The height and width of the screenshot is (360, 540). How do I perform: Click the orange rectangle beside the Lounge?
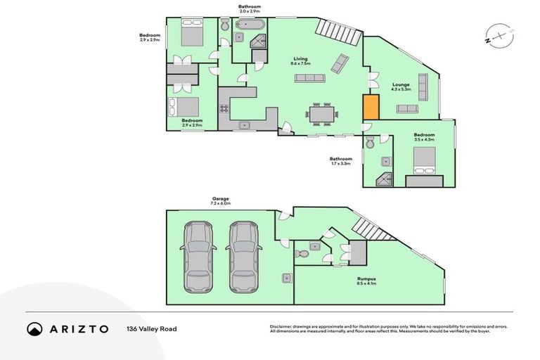371,108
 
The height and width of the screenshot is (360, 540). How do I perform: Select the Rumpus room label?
366,281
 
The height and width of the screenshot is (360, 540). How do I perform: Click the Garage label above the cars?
221,201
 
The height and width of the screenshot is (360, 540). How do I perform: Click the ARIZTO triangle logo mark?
34,328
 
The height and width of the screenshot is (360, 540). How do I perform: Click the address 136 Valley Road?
150,328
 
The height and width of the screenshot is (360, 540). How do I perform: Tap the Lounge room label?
401,87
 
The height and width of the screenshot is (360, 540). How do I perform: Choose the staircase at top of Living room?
335,32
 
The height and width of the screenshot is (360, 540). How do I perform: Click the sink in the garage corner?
285,278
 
